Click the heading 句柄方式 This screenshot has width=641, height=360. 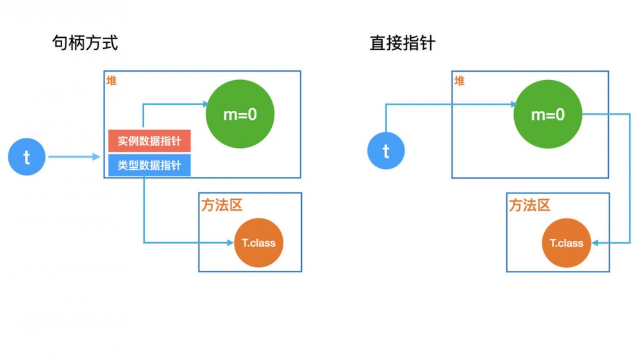[85, 43]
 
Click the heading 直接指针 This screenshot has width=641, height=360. [403, 43]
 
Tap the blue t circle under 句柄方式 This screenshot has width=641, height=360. [27, 157]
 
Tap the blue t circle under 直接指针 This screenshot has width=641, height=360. [386, 151]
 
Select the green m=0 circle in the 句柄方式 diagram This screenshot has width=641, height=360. [240, 115]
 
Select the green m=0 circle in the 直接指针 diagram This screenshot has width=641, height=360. [548, 115]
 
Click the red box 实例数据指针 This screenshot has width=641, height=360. [149, 141]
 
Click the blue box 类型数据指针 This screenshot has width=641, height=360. [149, 165]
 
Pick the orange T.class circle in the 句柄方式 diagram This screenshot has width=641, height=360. [258, 243]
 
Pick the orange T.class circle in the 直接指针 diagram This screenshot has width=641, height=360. [567, 243]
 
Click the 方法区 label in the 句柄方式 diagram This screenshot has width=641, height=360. [222, 205]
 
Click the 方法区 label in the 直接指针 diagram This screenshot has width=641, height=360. [529, 205]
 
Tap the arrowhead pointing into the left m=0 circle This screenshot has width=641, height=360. [204, 104]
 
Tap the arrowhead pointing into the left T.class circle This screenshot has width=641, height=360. [231, 242]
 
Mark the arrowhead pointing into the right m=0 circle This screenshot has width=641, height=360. [513, 104]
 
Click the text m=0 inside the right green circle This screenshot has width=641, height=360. [548, 115]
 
